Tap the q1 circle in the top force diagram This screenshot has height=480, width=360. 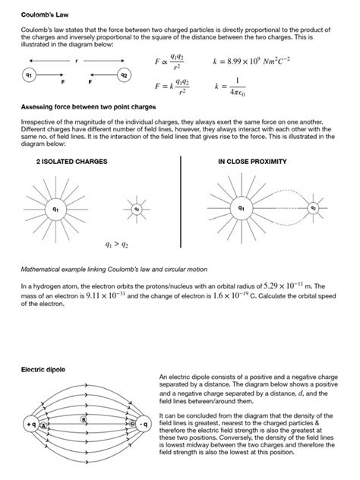(x=28, y=75)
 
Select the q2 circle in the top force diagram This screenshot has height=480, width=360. (x=124, y=75)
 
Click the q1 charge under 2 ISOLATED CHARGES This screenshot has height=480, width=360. (x=55, y=207)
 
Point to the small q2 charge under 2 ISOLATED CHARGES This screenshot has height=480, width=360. (x=137, y=208)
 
